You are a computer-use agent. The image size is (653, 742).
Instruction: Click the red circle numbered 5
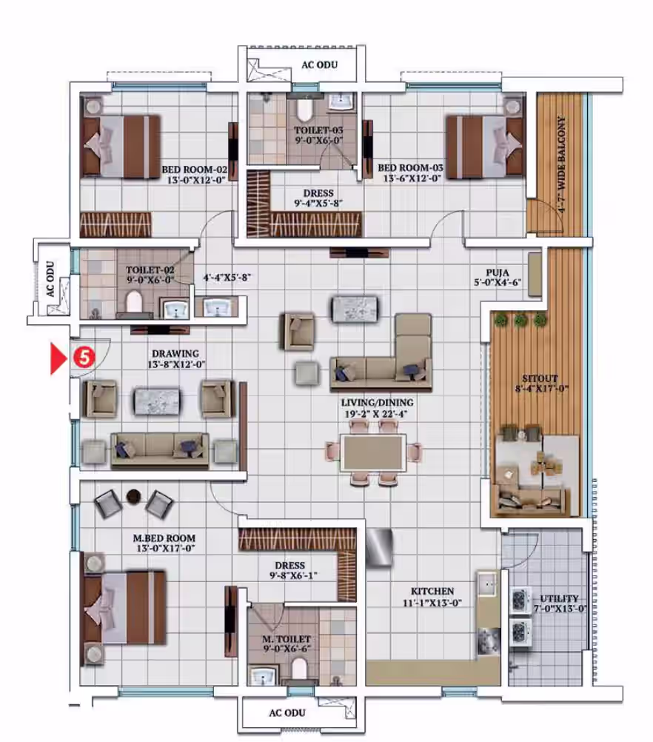[x=84, y=357]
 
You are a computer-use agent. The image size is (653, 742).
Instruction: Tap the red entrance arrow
[x=58, y=359]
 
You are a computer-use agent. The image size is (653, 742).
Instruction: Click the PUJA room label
[x=498, y=273]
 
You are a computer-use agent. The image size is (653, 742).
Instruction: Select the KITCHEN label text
[x=432, y=591]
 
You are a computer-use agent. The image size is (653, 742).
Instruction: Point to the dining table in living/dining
[x=374, y=453]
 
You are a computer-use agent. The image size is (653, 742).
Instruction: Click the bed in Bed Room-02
[x=121, y=146]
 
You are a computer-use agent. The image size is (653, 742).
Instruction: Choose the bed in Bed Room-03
[x=484, y=147]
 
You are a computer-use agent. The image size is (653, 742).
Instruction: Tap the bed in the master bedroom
[x=124, y=608]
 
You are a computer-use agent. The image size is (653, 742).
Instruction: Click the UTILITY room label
[x=559, y=598]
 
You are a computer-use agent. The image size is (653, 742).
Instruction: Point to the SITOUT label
[x=540, y=378]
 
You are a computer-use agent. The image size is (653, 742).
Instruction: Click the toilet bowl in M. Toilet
[x=299, y=669]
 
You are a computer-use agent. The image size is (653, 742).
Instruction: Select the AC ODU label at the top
[x=319, y=64]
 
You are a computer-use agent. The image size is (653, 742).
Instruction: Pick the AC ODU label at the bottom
[x=287, y=712]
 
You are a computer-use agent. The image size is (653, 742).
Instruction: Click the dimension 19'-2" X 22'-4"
[x=375, y=414]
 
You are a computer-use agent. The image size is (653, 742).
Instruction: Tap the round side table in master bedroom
[x=134, y=496]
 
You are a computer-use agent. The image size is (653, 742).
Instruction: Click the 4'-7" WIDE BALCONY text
[x=562, y=164]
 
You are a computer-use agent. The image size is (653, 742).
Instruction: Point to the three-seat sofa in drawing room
[x=160, y=450]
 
